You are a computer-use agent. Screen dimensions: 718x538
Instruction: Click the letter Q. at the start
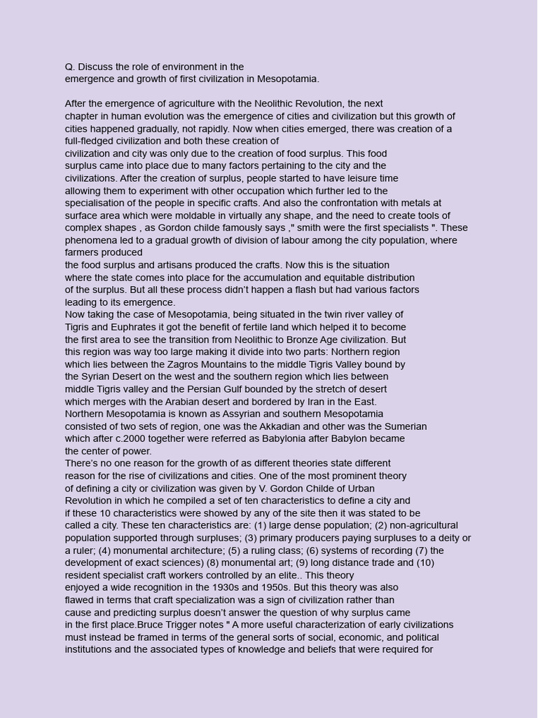click(x=70, y=67)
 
